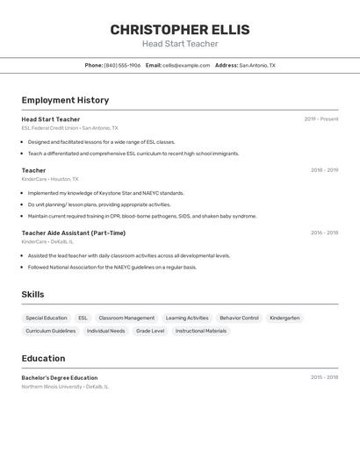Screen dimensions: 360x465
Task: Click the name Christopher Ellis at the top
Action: tap(180, 30)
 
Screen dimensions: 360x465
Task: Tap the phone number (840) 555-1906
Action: tap(122, 65)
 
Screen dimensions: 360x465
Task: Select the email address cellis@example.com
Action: tap(186, 65)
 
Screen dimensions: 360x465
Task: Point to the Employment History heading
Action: tap(65, 100)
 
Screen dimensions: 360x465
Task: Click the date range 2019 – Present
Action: tap(320, 118)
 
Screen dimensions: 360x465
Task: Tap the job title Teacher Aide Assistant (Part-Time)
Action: tap(74, 232)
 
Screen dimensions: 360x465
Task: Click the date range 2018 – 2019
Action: tap(324, 169)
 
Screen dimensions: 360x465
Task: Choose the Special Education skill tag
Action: tap(47, 318)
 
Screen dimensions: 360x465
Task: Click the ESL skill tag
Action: tap(83, 318)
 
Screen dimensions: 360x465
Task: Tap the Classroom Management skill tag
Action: tap(126, 318)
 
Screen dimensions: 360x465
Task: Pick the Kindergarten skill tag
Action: tap(284, 318)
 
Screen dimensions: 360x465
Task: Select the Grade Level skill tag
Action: tap(150, 331)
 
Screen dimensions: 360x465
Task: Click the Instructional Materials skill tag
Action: tap(201, 331)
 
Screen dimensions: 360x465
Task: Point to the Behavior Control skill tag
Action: tap(239, 318)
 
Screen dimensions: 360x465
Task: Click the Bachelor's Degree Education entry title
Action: tap(60, 377)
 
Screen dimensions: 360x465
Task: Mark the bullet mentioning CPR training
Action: tap(142, 216)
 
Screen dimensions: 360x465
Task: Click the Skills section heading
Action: tap(32, 295)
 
